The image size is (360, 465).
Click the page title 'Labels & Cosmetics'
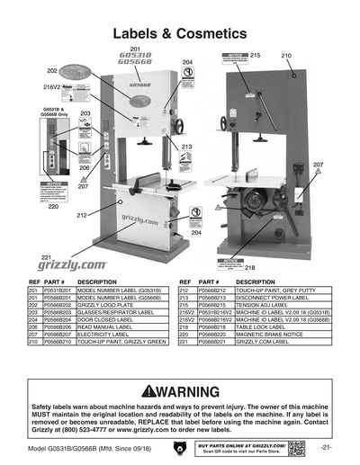pos(180,33)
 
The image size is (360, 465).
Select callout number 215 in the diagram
pos(255,56)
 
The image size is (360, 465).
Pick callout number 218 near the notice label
pos(250,267)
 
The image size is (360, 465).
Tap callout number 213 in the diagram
pos(186,146)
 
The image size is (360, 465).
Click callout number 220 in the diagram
pos(53,207)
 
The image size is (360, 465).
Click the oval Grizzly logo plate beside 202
pos(77,69)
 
